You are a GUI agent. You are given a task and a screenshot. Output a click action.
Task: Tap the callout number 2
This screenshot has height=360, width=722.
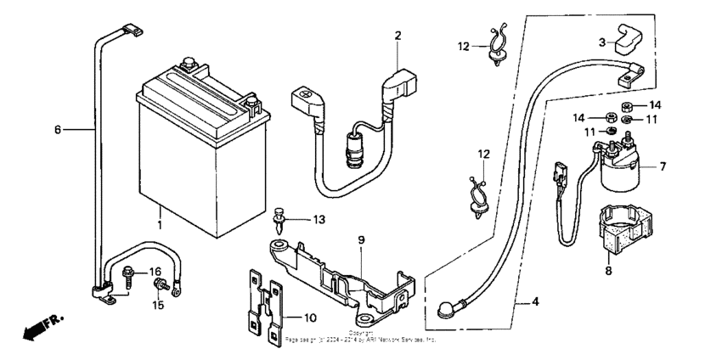[397, 35]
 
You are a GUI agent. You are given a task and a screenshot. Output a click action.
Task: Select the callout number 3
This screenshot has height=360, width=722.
[601, 42]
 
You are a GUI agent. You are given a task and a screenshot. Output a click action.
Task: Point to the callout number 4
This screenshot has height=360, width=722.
[535, 301]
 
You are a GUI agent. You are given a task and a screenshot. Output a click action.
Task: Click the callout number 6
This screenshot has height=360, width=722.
[58, 130]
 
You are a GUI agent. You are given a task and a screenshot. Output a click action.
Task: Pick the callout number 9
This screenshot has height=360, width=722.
[360, 240]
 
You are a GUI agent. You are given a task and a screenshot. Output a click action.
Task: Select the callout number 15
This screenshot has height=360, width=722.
[155, 304]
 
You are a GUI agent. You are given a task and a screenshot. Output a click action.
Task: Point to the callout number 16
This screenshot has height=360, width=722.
[155, 272]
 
